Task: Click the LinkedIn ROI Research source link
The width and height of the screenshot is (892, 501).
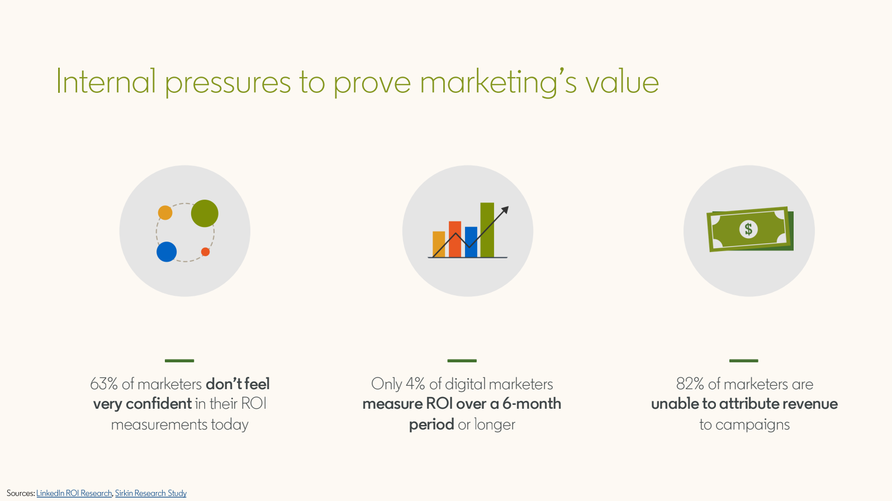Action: (x=74, y=493)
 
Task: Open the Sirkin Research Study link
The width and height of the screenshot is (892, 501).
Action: (x=150, y=493)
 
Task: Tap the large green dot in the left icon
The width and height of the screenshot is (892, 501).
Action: (x=205, y=214)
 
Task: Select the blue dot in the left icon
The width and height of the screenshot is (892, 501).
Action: (x=167, y=252)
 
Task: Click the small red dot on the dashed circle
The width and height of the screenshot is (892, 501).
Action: (x=206, y=252)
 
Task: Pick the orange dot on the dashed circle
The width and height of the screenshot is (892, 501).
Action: (x=165, y=212)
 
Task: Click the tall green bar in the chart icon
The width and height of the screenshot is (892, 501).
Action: (x=487, y=230)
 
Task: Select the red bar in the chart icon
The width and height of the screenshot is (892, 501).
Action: (x=455, y=239)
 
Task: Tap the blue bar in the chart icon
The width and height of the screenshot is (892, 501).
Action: (x=471, y=242)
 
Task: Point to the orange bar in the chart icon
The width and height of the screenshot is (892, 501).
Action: (x=439, y=244)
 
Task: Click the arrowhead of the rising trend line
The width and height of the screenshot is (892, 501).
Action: (x=505, y=210)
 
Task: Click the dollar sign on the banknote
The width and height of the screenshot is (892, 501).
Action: (x=748, y=229)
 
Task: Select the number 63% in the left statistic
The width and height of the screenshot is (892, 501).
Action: (x=104, y=384)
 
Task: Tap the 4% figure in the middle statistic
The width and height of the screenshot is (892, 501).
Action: (x=415, y=384)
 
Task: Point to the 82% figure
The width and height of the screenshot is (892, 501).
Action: (x=690, y=384)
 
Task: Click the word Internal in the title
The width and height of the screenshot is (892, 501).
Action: (x=106, y=81)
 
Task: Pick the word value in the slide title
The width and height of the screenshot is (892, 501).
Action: (x=622, y=82)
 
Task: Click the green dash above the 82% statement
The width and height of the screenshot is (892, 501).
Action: (x=744, y=361)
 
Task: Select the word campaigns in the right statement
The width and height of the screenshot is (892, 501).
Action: (x=753, y=425)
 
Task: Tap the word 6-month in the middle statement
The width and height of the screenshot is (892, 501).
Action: (x=532, y=404)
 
